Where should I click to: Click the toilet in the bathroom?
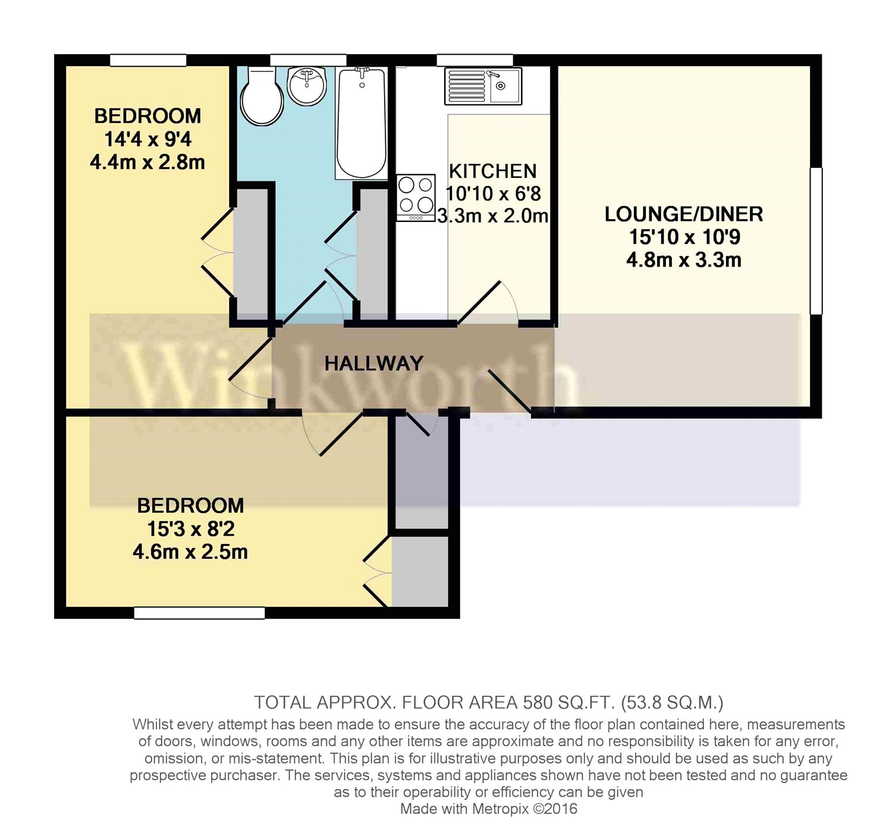coord(262,96)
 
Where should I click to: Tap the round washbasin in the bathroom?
coord(307,86)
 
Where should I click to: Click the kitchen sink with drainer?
coord(483,86)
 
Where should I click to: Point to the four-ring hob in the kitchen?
coord(416,196)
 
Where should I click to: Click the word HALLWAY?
coord(373,363)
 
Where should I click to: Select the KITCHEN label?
coord(492,171)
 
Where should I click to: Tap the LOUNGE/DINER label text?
coord(683,214)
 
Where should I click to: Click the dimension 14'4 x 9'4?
coord(147,139)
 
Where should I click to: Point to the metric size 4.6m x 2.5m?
coord(190,552)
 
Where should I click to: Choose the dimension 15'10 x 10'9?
coord(684,237)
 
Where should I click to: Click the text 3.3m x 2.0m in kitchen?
coord(492,215)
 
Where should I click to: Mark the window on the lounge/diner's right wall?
coord(816,240)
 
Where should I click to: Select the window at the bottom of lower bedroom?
coord(199,612)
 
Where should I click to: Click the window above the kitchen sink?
coord(475,60)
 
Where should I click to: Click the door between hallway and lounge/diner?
coord(510,390)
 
